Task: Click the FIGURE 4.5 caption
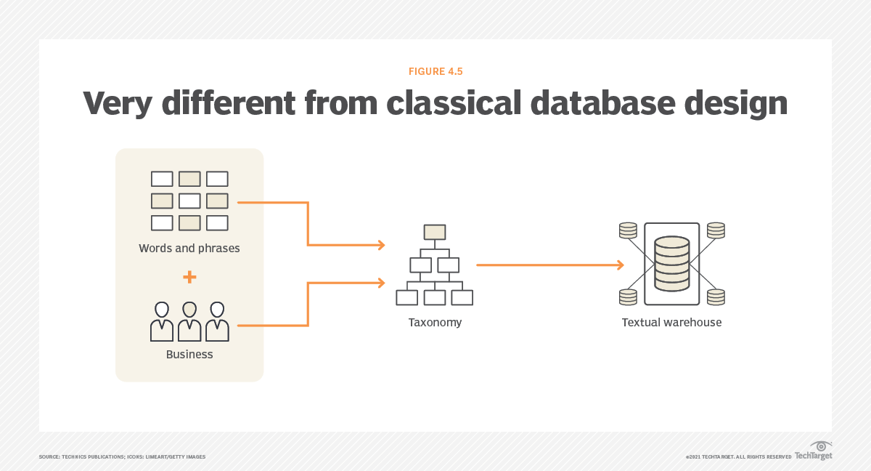click(x=435, y=71)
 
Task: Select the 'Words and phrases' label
click(x=189, y=249)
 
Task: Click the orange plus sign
click(x=189, y=277)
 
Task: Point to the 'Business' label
click(x=189, y=355)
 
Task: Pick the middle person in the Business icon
click(x=189, y=321)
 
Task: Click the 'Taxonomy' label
click(x=435, y=322)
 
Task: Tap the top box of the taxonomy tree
click(x=435, y=232)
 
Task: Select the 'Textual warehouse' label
click(x=671, y=322)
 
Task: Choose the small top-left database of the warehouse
click(x=628, y=230)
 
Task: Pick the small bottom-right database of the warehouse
click(x=716, y=297)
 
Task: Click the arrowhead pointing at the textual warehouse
click(x=619, y=265)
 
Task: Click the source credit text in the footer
click(x=122, y=456)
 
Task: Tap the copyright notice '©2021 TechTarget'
click(x=738, y=456)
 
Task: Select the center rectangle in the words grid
click(x=189, y=201)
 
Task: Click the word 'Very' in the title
click(x=118, y=103)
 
